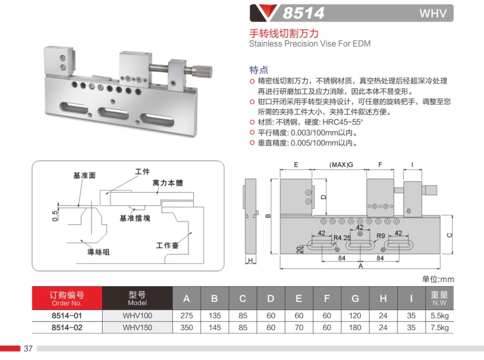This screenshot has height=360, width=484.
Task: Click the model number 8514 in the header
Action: pyautogui.click(x=303, y=13)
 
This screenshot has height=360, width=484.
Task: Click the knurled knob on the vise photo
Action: pyautogui.click(x=202, y=69)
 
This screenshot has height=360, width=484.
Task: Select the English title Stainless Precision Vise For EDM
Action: pyautogui.click(x=310, y=44)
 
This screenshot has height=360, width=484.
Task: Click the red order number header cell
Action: pyautogui.click(x=67, y=298)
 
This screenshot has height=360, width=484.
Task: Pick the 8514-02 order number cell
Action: pyautogui.click(x=67, y=328)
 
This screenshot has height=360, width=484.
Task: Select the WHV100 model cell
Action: pyautogui.click(x=137, y=315)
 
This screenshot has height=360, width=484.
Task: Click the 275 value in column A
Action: pyautogui.click(x=186, y=315)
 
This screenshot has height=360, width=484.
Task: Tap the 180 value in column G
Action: pyautogui.click(x=355, y=328)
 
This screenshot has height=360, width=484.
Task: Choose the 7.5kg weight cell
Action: pyautogui.click(x=439, y=328)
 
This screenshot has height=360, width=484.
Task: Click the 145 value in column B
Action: pyautogui.click(x=215, y=328)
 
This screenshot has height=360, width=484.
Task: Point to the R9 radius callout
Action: pyautogui.click(x=380, y=236)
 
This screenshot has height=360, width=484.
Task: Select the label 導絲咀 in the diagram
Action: pyautogui.click(x=98, y=252)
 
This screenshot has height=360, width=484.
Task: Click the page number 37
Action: pyautogui.click(x=28, y=349)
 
